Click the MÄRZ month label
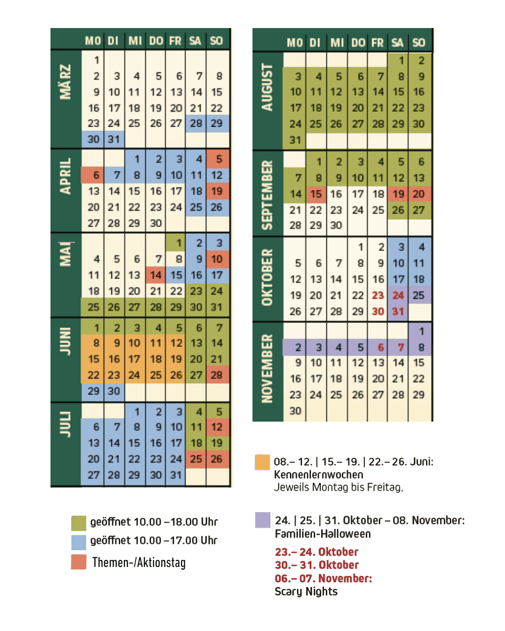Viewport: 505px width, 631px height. pyautogui.click(x=65, y=82)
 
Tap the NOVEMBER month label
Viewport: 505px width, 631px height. pyautogui.click(x=267, y=368)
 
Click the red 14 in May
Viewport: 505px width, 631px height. pyautogui.click(x=156, y=275)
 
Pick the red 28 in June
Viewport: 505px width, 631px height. pyautogui.click(x=216, y=375)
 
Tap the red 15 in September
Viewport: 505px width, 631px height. pyautogui.click(x=316, y=194)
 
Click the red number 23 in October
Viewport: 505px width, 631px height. pyautogui.click(x=378, y=295)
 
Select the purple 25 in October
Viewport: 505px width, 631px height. pyautogui.click(x=418, y=295)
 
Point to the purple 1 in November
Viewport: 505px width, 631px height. pyautogui.click(x=421, y=331)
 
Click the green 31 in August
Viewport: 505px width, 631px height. pyautogui.click(x=295, y=140)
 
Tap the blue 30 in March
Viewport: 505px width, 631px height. pyautogui.click(x=94, y=139)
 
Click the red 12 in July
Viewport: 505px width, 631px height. pyautogui.click(x=216, y=427)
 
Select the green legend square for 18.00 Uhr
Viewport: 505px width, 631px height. pyautogui.click(x=79, y=523)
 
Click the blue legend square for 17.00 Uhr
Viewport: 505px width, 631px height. pyautogui.click(x=79, y=541)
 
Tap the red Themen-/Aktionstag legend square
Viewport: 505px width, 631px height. pyautogui.click(x=79, y=562)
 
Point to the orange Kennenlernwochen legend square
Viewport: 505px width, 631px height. pyautogui.click(x=262, y=462)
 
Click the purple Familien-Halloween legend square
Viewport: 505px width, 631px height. pyautogui.click(x=263, y=520)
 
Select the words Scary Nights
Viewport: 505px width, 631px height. pyautogui.click(x=306, y=592)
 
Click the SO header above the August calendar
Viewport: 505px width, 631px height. pyautogui.click(x=418, y=43)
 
